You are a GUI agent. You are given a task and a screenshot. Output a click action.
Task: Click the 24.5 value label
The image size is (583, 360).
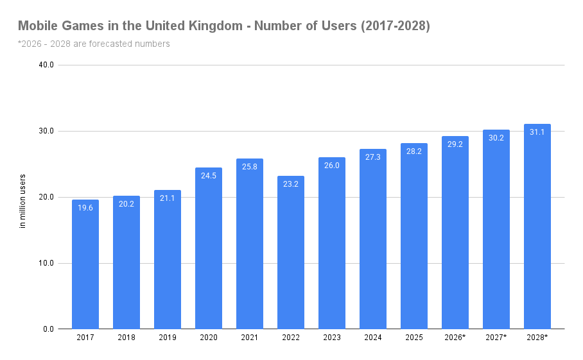point(209,175)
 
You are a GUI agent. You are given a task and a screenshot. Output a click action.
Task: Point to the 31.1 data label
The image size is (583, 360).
point(537,132)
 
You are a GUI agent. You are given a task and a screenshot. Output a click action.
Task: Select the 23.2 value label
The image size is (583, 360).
point(291,184)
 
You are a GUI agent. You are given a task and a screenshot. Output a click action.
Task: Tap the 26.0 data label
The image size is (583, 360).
point(332,165)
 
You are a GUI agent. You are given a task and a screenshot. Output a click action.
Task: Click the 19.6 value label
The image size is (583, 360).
point(85,207)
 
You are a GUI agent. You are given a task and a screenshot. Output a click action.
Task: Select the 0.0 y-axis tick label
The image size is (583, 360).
point(48,329)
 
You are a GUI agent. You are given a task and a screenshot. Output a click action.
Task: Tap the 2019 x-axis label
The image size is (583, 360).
point(168,338)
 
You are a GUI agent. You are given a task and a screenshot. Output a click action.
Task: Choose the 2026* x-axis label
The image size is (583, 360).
point(455,338)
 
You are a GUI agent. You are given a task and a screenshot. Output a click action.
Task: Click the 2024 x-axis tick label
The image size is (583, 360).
point(373,338)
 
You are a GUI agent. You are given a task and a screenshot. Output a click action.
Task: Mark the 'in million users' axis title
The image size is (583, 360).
point(23,201)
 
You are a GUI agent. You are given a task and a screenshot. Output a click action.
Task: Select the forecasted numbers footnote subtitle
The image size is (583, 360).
point(94,44)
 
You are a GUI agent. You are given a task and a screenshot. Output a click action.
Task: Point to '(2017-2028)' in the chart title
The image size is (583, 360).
point(394,26)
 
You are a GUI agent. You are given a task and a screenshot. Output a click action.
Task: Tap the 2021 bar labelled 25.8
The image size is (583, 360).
point(250,244)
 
